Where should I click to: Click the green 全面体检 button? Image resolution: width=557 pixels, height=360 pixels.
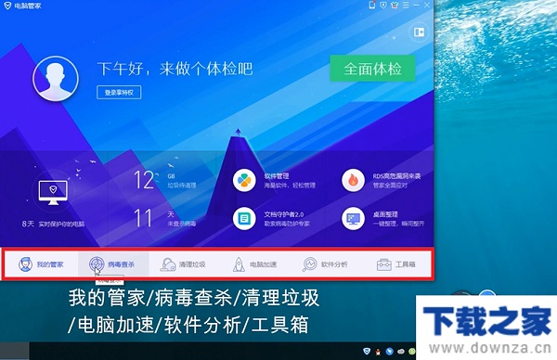pos(371,70)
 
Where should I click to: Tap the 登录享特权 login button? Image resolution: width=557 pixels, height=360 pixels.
pos(120,93)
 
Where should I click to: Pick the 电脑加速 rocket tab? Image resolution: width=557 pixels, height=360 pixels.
pos(253,264)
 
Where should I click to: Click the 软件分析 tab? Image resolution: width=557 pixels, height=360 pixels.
pos(325,264)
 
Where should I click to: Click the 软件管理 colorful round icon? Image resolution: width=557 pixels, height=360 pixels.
pos(244,179)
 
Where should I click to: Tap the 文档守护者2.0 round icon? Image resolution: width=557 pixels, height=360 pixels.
pos(244,219)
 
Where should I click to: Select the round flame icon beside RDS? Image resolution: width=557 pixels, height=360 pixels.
pos(353,179)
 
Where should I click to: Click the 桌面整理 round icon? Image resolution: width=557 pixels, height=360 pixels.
pos(353,219)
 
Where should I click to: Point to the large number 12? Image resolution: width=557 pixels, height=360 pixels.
pos(144,180)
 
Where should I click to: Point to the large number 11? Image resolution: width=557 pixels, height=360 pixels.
pos(144,219)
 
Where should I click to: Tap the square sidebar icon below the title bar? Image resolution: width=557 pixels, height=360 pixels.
pos(419,32)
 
